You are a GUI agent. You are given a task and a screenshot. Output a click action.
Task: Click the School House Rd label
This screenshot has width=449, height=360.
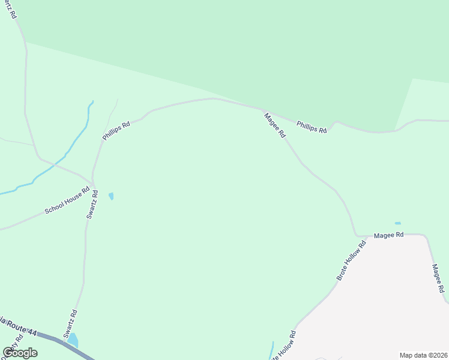pos(67,203)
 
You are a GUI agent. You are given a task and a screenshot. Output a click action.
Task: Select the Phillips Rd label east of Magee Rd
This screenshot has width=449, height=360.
pos(312,127)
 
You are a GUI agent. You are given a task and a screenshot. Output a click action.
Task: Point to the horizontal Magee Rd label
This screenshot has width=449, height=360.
pos(388,236)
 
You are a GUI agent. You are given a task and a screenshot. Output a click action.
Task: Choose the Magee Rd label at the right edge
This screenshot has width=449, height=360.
pos(438,278)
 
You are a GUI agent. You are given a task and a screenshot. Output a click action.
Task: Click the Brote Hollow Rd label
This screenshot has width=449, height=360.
pos(351,261)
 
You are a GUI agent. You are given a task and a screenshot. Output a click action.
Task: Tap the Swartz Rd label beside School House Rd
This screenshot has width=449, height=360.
pos(91,204)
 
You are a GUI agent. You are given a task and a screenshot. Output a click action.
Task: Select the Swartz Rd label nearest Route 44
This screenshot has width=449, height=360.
pos(71,324)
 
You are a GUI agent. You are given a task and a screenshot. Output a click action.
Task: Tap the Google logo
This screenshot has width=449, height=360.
pos(20,352)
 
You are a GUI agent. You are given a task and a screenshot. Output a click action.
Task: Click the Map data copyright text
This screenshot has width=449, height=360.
pos(423,355)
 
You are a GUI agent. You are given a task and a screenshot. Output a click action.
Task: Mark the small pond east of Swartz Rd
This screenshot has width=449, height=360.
pos(111,196)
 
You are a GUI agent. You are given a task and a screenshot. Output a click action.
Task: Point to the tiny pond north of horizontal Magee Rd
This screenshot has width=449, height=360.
pos(397,223)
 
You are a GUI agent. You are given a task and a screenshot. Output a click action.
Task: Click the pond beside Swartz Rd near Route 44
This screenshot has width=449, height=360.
pos(73,340)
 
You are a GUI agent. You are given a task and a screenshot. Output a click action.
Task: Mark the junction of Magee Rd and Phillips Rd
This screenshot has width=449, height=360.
pos(263,110)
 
